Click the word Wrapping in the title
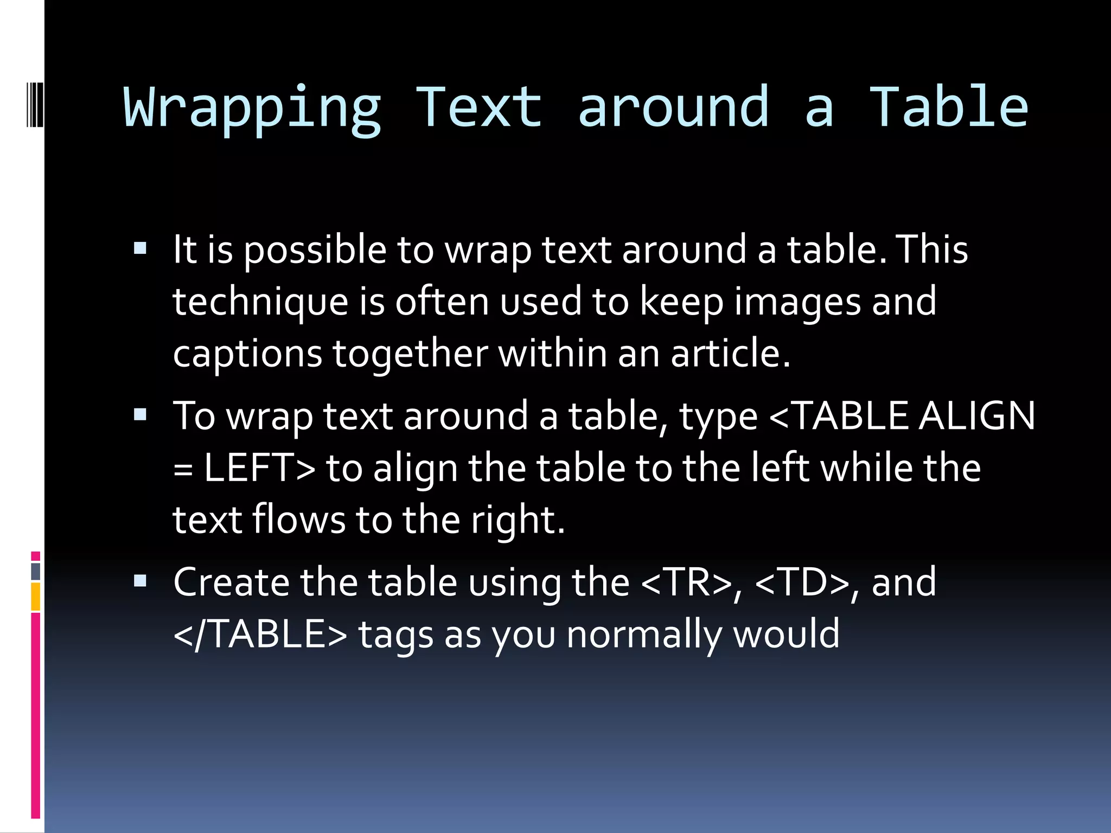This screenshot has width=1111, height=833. click(x=253, y=108)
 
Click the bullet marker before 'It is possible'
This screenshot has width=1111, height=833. click(x=140, y=249)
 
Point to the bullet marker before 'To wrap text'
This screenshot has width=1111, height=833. click(x=140, y=415)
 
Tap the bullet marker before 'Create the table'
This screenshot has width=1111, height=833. click(x=140, y=581)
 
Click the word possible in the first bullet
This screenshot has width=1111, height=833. click(x=315, y=251)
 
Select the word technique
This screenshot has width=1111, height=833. click(x=260, y=302)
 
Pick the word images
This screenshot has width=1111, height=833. click(x=797, y=302)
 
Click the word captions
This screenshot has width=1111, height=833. click(x=247, y=354)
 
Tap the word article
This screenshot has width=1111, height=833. click(x=730, y=353)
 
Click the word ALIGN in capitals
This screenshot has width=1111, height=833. click(x=977, y=416)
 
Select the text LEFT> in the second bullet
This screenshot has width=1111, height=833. click(x=259, y=467)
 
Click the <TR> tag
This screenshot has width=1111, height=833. click(x=686, y=582)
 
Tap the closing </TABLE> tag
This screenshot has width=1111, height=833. click(x=260, y=634)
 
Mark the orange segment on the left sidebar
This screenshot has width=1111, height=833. click(x=36, y=597)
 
